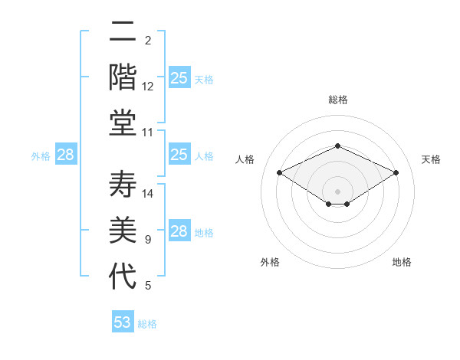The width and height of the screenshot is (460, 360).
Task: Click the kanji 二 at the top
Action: point(123,33)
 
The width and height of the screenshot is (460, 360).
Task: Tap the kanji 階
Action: point(123,77)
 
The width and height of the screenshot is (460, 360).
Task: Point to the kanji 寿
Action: point(123,183)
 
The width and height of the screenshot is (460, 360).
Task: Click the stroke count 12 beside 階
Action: point(148,87)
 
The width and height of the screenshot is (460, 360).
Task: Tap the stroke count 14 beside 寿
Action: point(148,194)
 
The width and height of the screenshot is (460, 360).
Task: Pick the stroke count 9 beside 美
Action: point(148,240)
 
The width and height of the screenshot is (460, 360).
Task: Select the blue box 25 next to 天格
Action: point(179,77)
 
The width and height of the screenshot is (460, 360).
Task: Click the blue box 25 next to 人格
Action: point(179,155)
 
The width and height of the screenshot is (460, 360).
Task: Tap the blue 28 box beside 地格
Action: point(179,231)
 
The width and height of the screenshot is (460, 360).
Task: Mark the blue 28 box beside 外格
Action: point(66,155)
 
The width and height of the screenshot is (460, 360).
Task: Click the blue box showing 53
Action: point(123,322)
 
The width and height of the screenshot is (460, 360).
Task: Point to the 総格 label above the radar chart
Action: point(337,100)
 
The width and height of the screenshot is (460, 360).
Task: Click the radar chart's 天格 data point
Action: point(396,172)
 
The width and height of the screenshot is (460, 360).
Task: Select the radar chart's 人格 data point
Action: point(279,172)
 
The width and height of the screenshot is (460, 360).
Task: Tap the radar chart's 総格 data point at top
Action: point(337,146)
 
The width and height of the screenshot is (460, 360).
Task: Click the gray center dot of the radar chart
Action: point(337,190)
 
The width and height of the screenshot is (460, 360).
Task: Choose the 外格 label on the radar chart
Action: point(270,262)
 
